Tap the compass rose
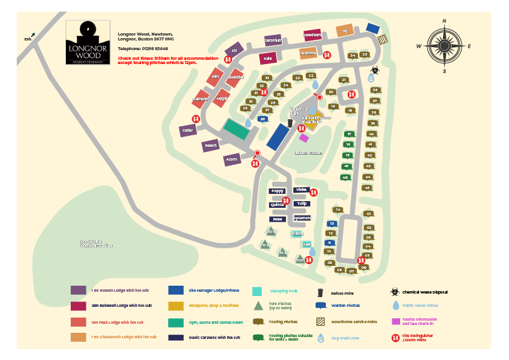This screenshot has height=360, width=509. click(x=444, y=45)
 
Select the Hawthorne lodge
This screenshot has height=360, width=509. click(x=313, y=35)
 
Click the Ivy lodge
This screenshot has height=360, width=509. click(x=345, y=30)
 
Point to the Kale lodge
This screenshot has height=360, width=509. click(x=268, y=59)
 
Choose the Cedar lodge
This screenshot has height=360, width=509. click(x=187, y=129)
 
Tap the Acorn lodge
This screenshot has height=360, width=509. click(x=231, y=160)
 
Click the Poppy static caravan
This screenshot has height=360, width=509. click(x=277, y=191)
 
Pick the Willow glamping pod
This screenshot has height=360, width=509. click(x=297, y=233)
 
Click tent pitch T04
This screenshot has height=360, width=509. click(x=271, y=232)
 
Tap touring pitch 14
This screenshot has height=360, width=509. click(x=338, y=210)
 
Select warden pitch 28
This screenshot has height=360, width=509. click(x=262, y=119)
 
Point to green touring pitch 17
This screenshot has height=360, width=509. click(x=349, y=134)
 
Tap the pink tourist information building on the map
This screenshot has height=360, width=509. click(x=304, y=138)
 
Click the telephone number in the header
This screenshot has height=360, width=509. click(x=143, y=48)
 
